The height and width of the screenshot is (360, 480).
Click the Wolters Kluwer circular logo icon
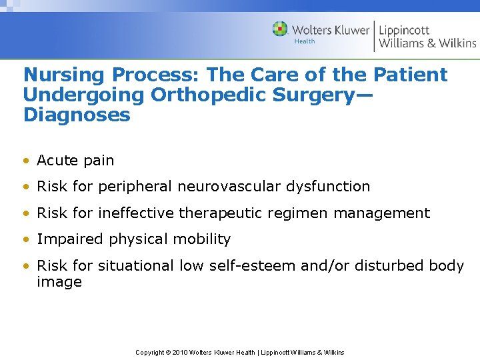[x=280, y=29]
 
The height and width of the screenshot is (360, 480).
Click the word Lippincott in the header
[x=404, y=30]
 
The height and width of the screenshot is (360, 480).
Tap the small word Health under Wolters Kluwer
[x=304, y=41]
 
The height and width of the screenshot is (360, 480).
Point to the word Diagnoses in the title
[x=77, y=115]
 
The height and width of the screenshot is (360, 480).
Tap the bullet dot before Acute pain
[x=27, y=161]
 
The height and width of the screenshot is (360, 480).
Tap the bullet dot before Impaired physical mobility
[x=27, y=239]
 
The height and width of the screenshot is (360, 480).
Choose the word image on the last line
[x=59, y=282]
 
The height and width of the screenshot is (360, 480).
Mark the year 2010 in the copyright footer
[x=179, y=352]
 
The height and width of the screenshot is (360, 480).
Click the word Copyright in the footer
[x=149, y=352]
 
